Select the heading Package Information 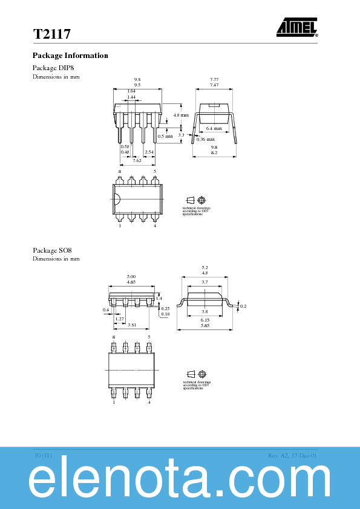70,56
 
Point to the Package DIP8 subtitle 53,68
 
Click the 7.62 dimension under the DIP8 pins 137,160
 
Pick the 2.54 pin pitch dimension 149,152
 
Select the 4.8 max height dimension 181,115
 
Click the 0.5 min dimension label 165,136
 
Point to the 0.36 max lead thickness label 205,140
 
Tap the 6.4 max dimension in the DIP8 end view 214,128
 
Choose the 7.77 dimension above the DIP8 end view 214,80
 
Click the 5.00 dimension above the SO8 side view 131,276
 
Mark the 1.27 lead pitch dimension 120,319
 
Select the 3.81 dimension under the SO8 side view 132,325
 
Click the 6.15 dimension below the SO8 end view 205,320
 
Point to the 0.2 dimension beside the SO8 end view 243,306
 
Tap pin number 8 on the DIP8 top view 120,172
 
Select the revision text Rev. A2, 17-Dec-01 292,455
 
